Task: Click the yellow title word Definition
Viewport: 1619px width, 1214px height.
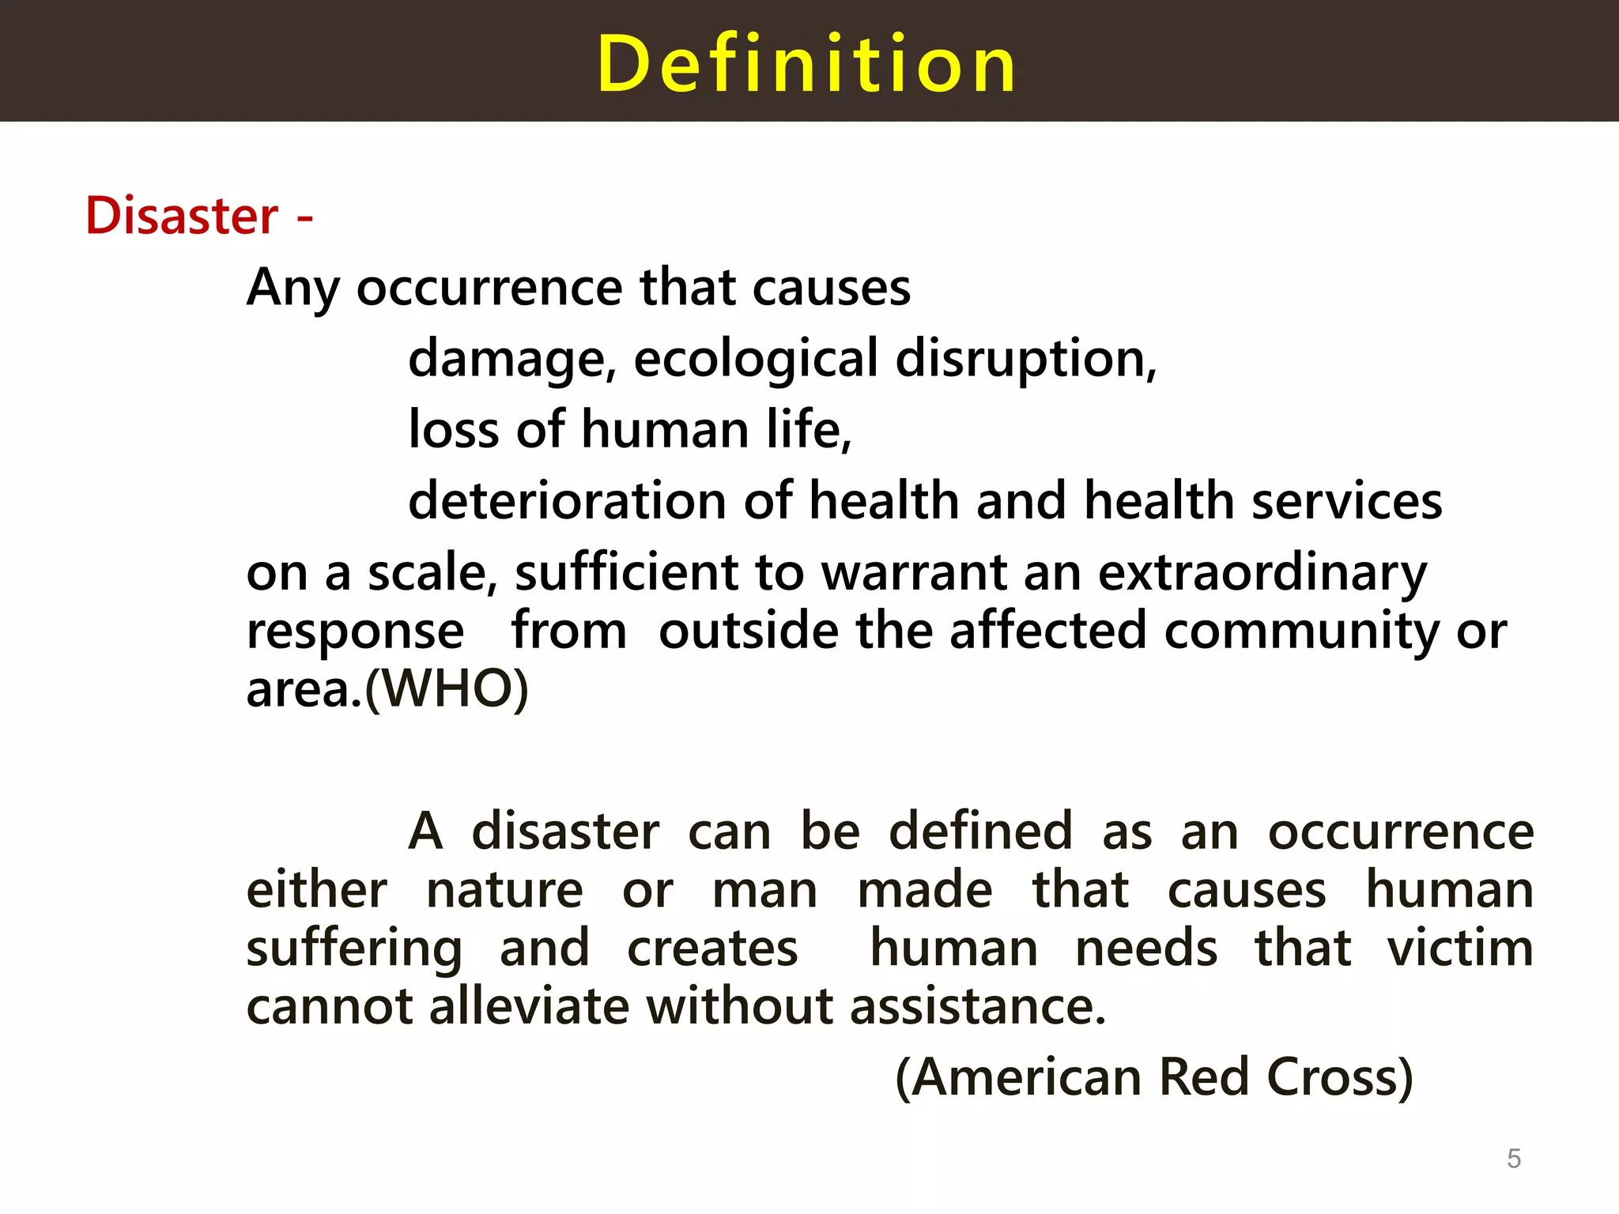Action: [x=806, y=64]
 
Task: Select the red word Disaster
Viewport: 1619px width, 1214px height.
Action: [x=182, y=216]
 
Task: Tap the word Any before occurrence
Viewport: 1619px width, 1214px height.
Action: [x=292, y=288]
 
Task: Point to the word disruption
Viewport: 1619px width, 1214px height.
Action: [x=1025, y=359]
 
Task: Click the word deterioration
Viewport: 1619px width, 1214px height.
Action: [x=566, y=501]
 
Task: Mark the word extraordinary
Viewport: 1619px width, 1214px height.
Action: [x=1262, y=572]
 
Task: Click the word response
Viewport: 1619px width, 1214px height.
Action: [x=355, y=632]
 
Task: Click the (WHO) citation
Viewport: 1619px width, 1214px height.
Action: [x=447, y=689]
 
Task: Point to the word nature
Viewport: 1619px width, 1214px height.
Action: [x=504, y=890]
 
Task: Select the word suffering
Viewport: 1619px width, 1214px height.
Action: [x=353, y=948]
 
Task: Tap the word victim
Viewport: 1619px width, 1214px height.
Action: [x=1460, y=948]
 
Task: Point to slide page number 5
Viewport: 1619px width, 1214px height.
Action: [x=1513, y=1159]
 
